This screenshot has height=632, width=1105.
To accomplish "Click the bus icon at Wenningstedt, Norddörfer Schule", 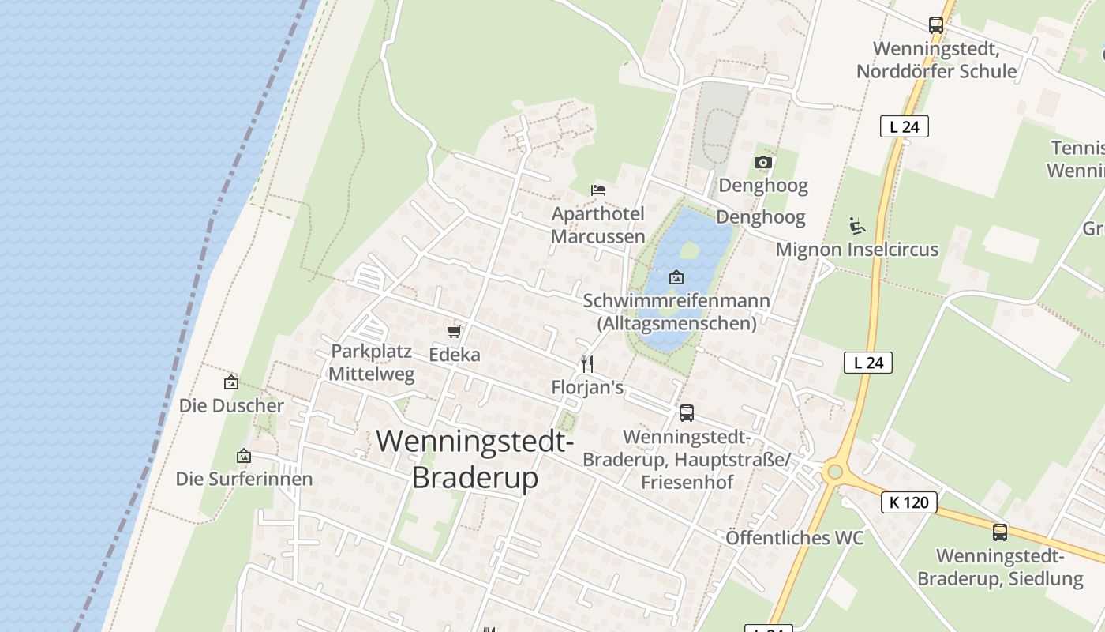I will [x=936, y=25].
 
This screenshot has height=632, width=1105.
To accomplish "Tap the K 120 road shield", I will [x=908, y=502].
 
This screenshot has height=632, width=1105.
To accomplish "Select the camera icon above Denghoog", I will [x=762, y=163].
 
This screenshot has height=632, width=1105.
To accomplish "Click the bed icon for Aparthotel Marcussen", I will [x=598, y=190].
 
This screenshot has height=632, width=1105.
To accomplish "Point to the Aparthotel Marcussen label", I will [x=597, y=225].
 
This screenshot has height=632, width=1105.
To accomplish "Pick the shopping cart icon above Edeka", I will [x=454, y=331].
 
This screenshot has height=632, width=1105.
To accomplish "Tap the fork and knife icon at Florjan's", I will [x=587, y=363].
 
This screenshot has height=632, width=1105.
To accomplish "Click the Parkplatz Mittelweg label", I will [x=371, y=363].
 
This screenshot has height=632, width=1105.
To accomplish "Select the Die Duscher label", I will [x=231, y=406].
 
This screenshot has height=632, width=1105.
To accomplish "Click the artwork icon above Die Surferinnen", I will [x=244, y=456].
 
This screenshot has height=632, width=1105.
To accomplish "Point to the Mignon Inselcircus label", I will [x=857, y=250].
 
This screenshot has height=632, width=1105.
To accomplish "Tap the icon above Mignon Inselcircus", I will [x=857, y=226].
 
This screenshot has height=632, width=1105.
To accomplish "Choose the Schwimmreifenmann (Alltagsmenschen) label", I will [x=676, y=312].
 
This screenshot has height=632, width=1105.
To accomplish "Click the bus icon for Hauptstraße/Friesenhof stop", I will [x=687, y=412].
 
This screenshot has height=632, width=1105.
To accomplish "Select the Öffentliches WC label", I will [x=795, y=538].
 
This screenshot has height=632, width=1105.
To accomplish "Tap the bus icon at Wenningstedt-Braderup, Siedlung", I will [x=1000, y=532].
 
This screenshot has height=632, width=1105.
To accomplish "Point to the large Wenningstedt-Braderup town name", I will [x=475, y=459].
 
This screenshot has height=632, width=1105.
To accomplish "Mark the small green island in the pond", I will [x=689, y=250].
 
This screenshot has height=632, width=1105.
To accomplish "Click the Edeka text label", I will [x=455, y=355].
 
